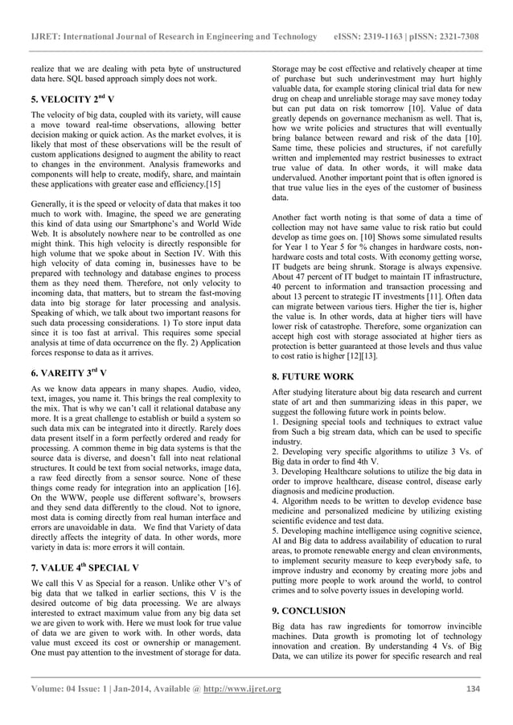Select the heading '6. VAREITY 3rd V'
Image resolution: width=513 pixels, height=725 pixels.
click(71, 373)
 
